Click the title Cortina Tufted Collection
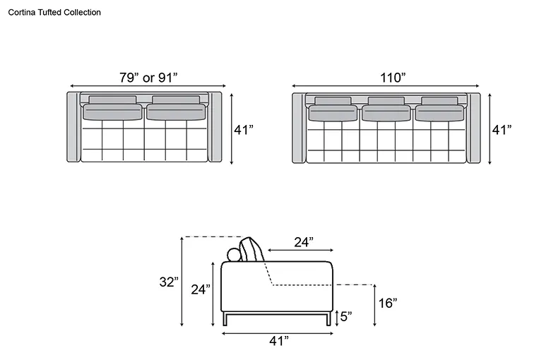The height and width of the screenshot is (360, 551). (54, 12)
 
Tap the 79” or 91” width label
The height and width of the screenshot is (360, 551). (148, 77)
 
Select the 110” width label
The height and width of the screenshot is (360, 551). (393, 77)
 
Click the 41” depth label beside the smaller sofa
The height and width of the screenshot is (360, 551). (244, 130)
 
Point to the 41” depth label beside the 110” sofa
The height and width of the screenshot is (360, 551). (502, 130)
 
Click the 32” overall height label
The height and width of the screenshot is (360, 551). (169, 282)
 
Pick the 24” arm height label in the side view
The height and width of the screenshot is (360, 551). (201, 289)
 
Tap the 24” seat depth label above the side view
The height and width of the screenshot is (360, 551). (304, 242)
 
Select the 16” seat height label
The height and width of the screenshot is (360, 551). (388, 303)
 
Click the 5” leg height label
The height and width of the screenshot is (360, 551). (346, 316)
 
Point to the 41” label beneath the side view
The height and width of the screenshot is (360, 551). (279, 340)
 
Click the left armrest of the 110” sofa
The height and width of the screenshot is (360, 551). (299, 128)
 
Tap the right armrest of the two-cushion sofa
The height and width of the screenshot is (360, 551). (215, 127)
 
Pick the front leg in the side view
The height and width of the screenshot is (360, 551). (328, 319)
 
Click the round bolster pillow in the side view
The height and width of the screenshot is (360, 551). (234, 255)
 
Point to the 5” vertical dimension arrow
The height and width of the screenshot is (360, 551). (337, 318)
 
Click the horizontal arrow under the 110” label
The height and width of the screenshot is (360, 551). (386, 86)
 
